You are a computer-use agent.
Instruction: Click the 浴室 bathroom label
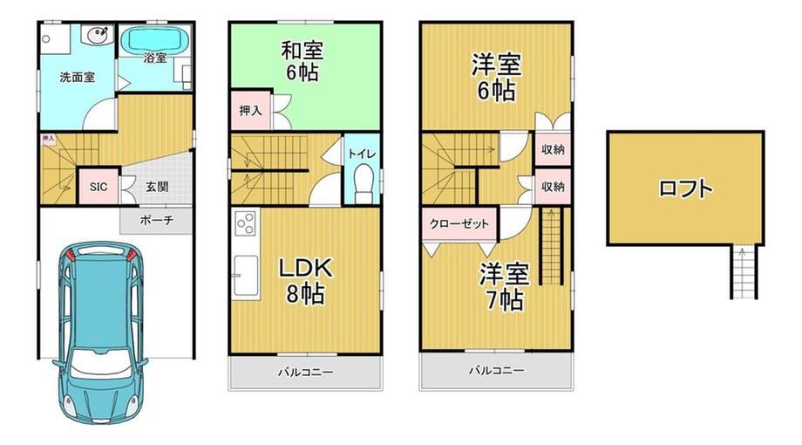click(x=155, y=58)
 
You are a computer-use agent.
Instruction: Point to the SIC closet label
click(x=99, y=187)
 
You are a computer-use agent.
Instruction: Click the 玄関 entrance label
click(x=157, y=187)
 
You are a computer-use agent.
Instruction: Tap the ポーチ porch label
click(x=157, y=220)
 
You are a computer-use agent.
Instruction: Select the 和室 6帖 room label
click(x=302, y=61)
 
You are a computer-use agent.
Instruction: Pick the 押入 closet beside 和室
click(x=251, y=110)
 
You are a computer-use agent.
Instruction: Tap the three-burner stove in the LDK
click(x=246, y=223)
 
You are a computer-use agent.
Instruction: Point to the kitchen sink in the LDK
click(x=246, y=276)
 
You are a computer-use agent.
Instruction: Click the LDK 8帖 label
click(x=305, y=281)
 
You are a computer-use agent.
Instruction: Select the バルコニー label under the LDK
click(x=306, y=373)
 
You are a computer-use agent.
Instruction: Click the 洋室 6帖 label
click(x=496, y=78)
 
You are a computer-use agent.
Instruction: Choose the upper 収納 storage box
click(x=553, y=149)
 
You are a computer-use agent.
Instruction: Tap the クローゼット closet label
click(x=459, y=223)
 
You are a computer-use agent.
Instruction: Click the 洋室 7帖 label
click(x=504, y=287)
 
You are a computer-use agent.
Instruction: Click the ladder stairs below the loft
click(x=744, y=272)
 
